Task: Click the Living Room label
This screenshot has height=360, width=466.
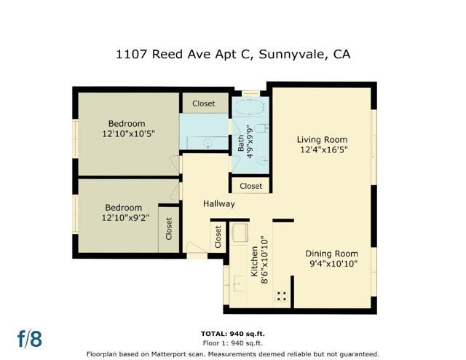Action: click(322, 139)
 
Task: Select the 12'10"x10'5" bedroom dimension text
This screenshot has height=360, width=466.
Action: click(127, 134)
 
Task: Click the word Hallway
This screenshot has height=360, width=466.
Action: click(218, 204)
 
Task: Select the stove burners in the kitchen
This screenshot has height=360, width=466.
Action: click(280, 296)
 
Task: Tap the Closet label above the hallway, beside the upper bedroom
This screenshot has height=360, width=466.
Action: click(204, 103)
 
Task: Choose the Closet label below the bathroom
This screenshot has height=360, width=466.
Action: click(251, 186)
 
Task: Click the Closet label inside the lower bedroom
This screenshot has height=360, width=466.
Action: click(169, 229)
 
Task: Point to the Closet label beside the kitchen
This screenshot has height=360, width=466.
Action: click(217, 235)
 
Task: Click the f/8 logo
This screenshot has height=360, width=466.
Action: click(30, 339)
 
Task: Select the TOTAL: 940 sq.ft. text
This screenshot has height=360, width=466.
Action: click(232, 333)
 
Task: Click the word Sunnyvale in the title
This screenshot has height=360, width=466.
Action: click(285, 54)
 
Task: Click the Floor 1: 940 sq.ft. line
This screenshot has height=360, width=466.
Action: click(232, 343)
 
